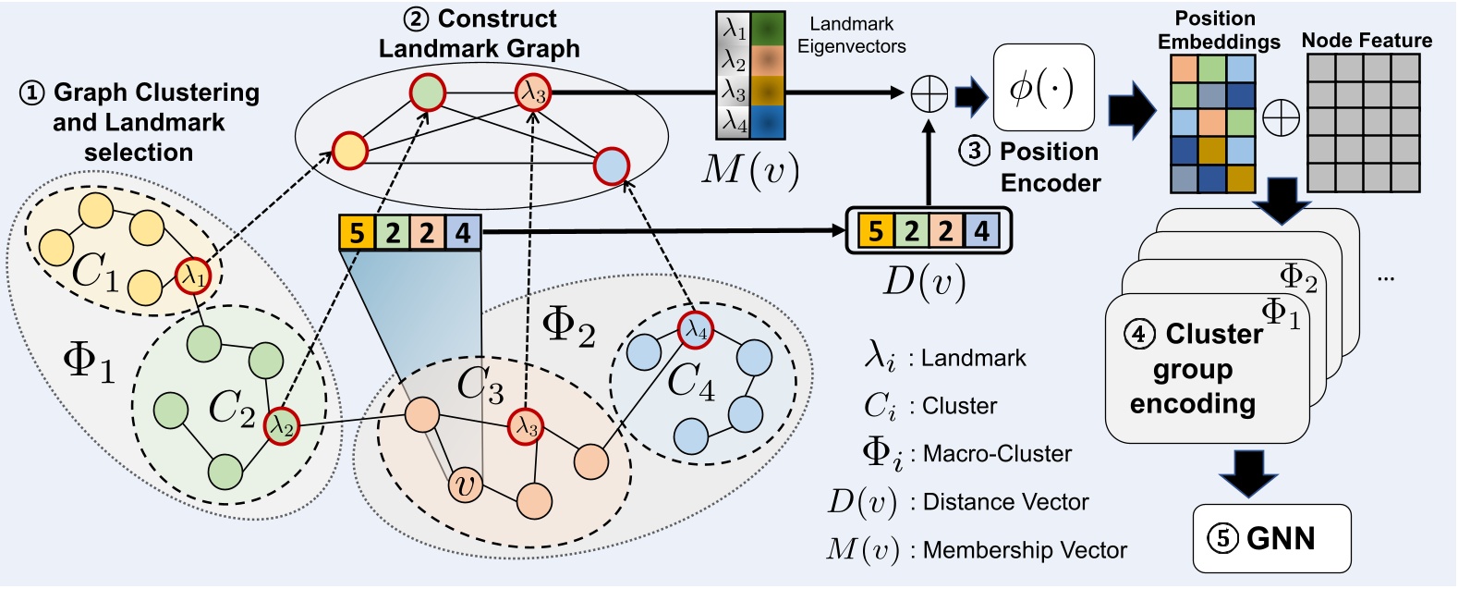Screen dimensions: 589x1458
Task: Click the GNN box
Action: coord(1271,538)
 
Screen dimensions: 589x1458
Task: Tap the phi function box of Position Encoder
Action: coord(1042,88)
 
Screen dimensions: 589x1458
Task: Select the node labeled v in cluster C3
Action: coord(466,485)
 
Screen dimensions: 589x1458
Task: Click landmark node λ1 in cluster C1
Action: coord(193,276)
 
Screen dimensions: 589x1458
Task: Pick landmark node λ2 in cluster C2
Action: coord(282,426)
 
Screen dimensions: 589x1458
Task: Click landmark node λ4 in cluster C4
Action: coord(696,330)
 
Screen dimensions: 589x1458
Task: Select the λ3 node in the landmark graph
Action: coord(533,92)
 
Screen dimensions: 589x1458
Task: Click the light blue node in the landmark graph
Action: coord(611,166)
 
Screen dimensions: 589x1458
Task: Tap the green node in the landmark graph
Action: coord(428,92)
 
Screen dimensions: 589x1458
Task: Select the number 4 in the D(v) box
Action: coord(982,231)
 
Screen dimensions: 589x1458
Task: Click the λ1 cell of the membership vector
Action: coord(735,30)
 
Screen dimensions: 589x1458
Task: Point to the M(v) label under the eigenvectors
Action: coord(749,170)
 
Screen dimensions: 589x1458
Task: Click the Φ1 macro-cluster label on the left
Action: coord(89,362)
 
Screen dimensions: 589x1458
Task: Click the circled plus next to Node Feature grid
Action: coord(1281,117)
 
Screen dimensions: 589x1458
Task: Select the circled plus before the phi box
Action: coord(929,93)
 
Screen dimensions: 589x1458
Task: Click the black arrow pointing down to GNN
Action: coord(1248,474)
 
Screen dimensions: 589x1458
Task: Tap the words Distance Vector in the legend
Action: coord(1005,502)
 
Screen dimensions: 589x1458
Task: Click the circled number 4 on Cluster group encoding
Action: coord(1139,334)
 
